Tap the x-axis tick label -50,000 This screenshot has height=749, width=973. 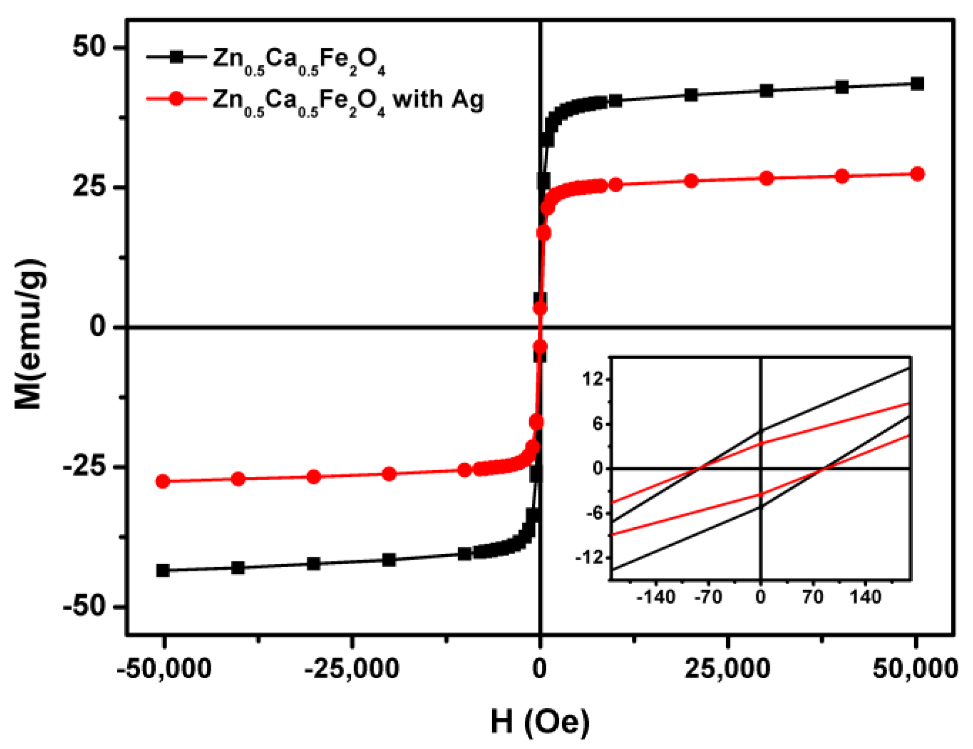tap(164, 669)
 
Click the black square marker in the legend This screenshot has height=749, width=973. tap(177, 57)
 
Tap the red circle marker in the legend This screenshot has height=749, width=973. tap(177, 99)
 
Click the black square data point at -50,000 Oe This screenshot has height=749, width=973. tap(163, 570)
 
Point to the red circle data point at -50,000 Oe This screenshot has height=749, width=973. tap(163, 481)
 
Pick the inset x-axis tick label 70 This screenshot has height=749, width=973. tap(813, 597)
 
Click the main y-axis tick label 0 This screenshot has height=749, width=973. tap(98, 327)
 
